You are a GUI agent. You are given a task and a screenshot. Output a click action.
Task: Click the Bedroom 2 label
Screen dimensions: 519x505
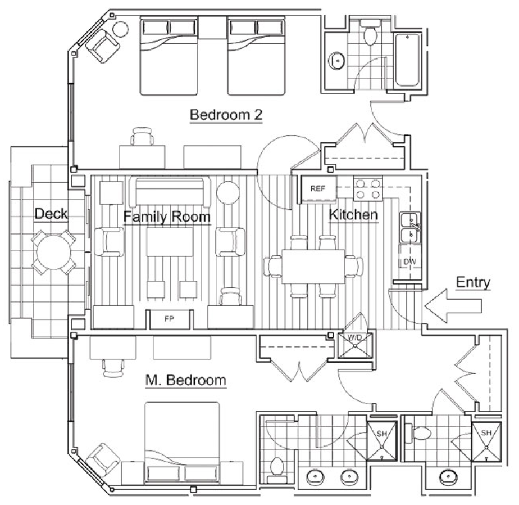click(226, 115)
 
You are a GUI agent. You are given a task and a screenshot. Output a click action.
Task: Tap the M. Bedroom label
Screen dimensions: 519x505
click(186, 380)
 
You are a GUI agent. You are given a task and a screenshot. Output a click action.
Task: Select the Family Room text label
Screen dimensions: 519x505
click(167, 217)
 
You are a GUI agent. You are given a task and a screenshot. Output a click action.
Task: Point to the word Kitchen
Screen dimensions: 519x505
click(353, 215)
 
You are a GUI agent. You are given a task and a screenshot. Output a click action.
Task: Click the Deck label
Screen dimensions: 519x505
click(51, 214)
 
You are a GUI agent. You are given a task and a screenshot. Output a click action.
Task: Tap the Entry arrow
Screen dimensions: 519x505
click(453, 306)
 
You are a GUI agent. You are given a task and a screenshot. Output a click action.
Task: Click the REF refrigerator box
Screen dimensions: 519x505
click(318, 188)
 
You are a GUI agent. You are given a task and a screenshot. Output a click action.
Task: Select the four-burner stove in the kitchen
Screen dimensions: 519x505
click(368, 189)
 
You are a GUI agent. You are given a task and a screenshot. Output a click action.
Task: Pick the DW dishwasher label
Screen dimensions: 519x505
click(410, 261)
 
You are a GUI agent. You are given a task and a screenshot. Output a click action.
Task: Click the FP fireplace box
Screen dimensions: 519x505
click(170, 319)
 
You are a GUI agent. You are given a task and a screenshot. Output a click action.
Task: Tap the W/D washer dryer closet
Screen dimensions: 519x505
click(355, 345)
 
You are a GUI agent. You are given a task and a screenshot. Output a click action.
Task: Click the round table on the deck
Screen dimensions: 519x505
click(53, 252)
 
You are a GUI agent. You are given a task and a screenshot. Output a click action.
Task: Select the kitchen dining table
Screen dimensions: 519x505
click(313, 267)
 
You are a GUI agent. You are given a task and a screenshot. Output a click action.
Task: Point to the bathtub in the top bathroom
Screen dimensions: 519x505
click(407, 60)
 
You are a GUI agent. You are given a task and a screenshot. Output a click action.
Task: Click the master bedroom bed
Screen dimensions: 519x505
click(183, 443)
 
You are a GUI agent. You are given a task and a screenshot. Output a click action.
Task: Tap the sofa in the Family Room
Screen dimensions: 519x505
click(170, 192)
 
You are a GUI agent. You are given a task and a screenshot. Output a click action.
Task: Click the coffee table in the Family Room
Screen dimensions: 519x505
click(170, 242)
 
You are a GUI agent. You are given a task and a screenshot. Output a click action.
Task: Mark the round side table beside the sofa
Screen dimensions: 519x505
click(229, 192)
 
